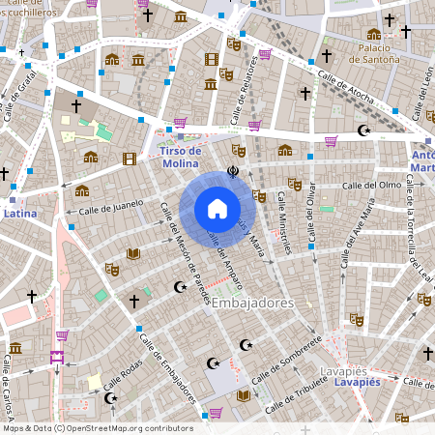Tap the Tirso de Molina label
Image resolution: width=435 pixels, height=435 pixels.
tap(181, 157)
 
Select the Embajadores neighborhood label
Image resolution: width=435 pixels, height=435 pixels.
tap(251, 304)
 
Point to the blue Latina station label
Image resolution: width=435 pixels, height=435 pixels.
tap(20, 213)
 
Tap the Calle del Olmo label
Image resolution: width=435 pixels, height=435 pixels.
tap(369, 185)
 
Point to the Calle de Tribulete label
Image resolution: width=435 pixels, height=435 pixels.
tap(294, 390)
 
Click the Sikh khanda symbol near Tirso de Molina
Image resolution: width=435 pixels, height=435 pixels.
tap(233, 173)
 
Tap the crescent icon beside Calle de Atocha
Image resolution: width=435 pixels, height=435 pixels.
tap(363, 130)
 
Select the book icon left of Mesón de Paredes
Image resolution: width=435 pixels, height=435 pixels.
tap(134, 253)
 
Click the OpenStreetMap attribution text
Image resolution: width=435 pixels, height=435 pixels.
tap(97, 428)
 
